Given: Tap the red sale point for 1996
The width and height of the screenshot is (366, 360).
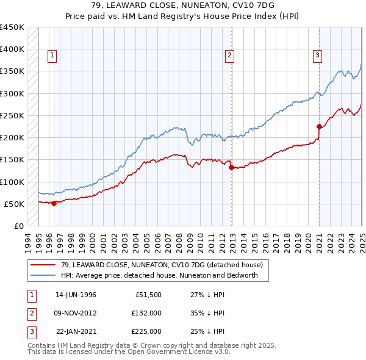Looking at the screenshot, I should pyautogui.click(x=54, y=203).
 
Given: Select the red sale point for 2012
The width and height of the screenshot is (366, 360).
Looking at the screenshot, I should pyautogui.click(x=231, y=168).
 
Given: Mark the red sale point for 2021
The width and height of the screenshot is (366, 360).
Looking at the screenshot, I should pyautogui.click(x=319, y=127).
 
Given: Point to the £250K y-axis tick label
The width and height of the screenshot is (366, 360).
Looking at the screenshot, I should pyautogui.click(x=12, y=115).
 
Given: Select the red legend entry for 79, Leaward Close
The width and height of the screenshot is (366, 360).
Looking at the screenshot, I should pyautogui.click(x=162, y=265).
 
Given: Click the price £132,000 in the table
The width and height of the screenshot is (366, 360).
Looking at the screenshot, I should pyautogui.click(x=146, y=313).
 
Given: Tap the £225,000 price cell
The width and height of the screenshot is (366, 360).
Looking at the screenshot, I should pyautogui.click(x=146, y=331).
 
